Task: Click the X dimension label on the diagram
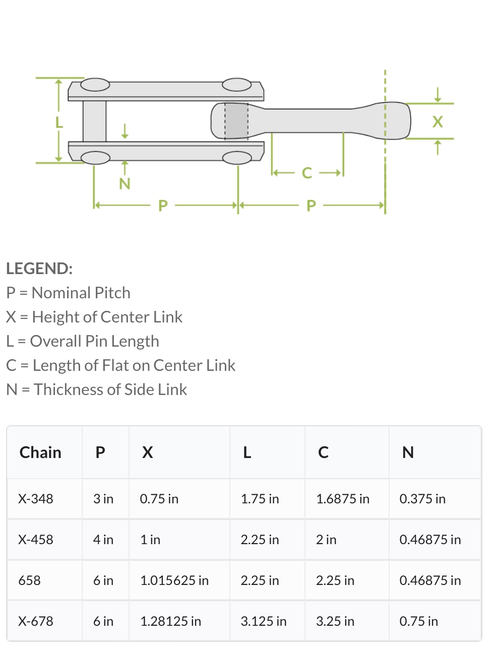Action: coord(438,122)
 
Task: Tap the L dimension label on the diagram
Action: coord(59,122)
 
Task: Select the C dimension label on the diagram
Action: coord(307,173)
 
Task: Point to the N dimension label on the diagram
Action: coord(125,183)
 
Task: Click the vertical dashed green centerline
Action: coord(385,142)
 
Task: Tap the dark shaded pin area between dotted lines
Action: coord(236,121)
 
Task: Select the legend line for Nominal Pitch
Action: coord(69,293)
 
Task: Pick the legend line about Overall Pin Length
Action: coord(83,341)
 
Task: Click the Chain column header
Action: coord(40,452)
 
